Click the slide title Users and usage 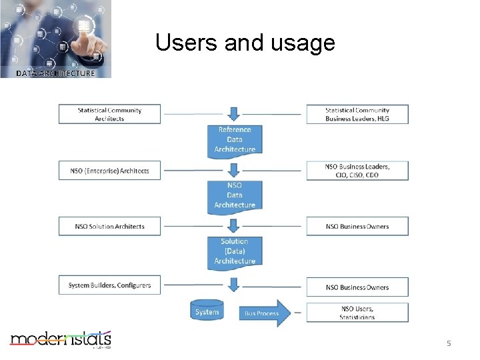245,43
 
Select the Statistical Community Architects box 109,114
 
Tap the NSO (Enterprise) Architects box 109,171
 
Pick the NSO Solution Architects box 109,227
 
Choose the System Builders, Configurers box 109,285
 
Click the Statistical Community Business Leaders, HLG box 357,114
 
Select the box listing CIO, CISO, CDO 357,171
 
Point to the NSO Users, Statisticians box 357,312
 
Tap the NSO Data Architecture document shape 234,195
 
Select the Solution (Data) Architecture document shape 234,251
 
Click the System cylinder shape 207,311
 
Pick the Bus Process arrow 264,313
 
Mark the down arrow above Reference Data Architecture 234,114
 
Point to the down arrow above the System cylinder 234,285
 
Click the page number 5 449,343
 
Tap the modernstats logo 60,339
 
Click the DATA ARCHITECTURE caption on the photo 55,73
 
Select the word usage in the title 303,43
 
